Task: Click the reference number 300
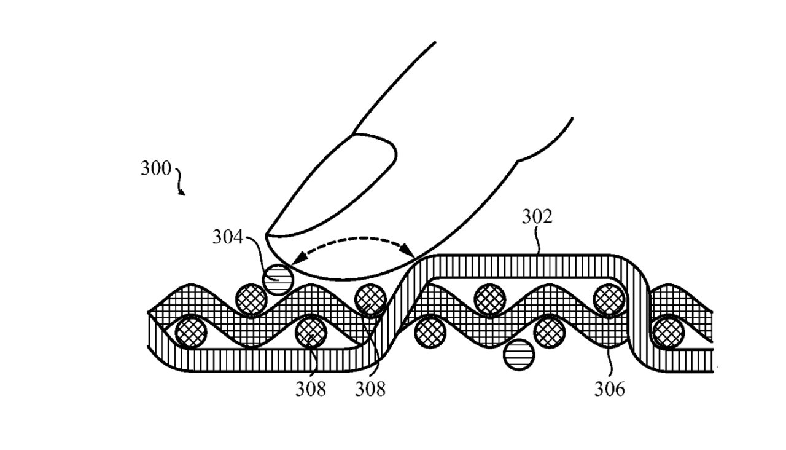[x=156, y=168]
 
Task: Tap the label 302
[x=537, y=217]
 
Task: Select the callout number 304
[x=228, y=237]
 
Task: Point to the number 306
[x=610, y=390]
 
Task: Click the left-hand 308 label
[x=311, y=390]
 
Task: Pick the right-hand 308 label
[x=370, y=390]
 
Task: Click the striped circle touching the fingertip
[x=278, y=280]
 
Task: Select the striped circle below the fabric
[x=519, y=355]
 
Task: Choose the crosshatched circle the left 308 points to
[x=311, y=333]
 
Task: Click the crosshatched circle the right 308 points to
[x=370, y=299]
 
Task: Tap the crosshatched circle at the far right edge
[x=669, y=333]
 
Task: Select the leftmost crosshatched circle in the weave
[x=191, y=333]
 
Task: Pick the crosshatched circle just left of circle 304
[x=251, y=299]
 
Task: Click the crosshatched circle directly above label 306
[x=610, y=299]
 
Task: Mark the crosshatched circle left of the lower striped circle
[x=430, y=333]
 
